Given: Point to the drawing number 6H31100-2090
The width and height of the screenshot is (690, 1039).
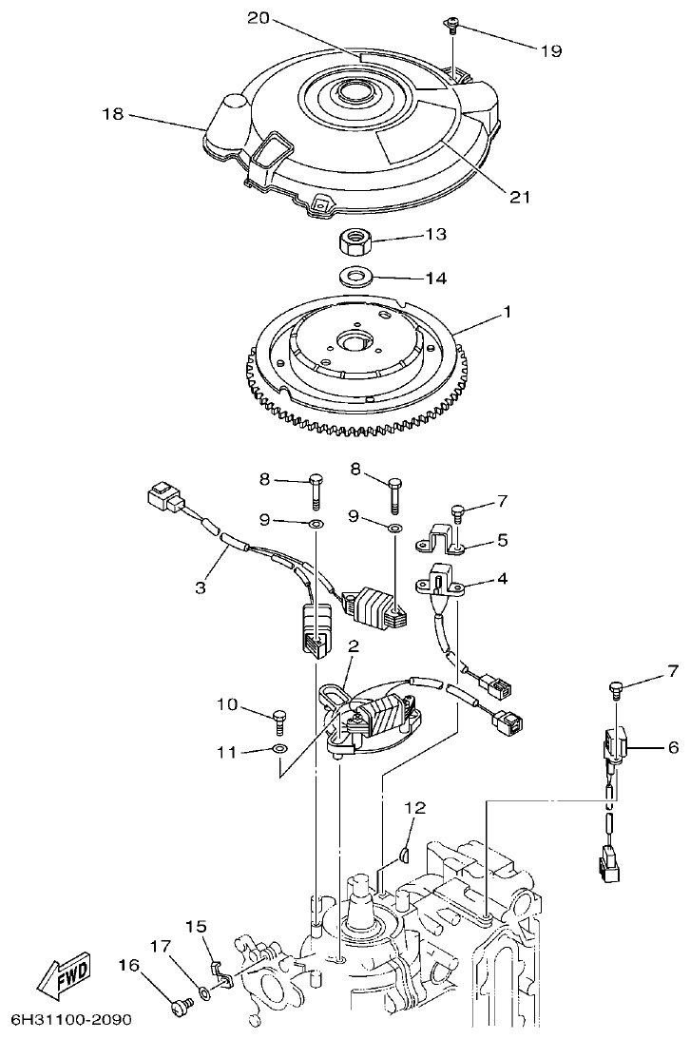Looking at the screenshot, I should [x=70, y=1020].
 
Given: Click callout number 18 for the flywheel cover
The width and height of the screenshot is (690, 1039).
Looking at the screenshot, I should [x=113, y=114].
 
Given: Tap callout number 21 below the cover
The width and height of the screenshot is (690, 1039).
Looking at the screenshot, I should [x=519, y=197].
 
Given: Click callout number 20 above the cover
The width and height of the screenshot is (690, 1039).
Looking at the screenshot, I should [x=259, y=18].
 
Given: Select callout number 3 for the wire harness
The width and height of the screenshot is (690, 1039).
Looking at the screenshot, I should [x=201, y=587].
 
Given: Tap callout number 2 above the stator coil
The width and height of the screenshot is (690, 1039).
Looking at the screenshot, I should [x=353, y=646].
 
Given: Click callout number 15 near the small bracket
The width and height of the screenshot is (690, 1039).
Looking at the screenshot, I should [x=196, y=926].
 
